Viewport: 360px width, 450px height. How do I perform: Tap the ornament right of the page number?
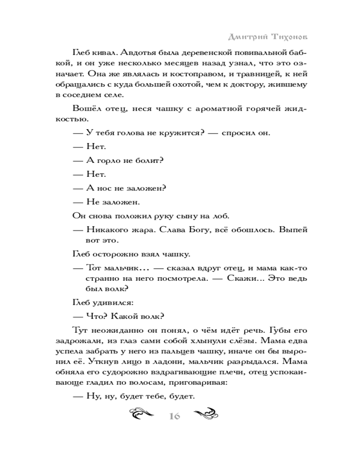click(x=205, y=414)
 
